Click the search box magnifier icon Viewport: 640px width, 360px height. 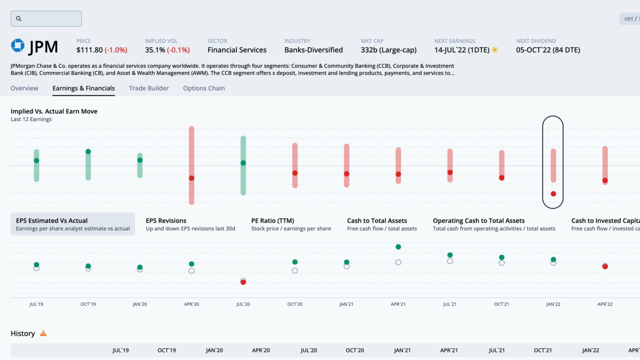coord(19,19)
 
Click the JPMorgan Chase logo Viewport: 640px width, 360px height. coord(18,46)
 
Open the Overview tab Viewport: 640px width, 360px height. coord(24,88)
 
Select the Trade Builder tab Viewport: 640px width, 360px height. coord(149,88)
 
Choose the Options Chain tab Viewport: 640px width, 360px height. coord(204,88)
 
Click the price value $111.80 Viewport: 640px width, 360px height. coord(89,50)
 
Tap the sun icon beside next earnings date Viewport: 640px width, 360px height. coord(495,50)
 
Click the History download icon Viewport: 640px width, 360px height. coord(43,333)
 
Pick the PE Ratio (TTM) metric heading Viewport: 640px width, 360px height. coord(272,220)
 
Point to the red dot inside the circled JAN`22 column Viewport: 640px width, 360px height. coord(553,194)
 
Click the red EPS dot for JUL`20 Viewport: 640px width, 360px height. coord(243,282)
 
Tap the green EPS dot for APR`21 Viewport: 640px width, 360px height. coord(398,247)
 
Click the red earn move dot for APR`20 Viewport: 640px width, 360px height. coord(192,178)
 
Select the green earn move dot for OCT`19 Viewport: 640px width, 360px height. coord(88,152)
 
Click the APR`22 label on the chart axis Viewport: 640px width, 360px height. coord(605,304)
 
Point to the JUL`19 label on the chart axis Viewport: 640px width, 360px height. coord(36,304)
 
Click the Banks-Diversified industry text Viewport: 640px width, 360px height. coord(313,50)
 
